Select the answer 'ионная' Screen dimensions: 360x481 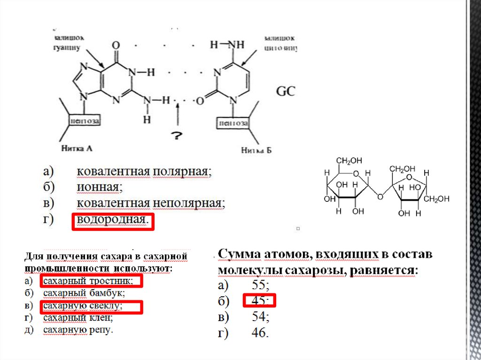coord(100,188)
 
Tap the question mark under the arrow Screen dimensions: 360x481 coord(177,136)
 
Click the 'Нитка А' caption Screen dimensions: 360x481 coord(77,149)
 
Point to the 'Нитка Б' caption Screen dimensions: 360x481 coord(256,150)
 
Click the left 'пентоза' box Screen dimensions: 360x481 coord(85,122)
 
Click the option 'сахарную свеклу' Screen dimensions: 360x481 coord(83,306)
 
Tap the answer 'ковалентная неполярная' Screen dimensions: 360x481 coord(151,203)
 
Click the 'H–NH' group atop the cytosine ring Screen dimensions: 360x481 coord(227,46)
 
